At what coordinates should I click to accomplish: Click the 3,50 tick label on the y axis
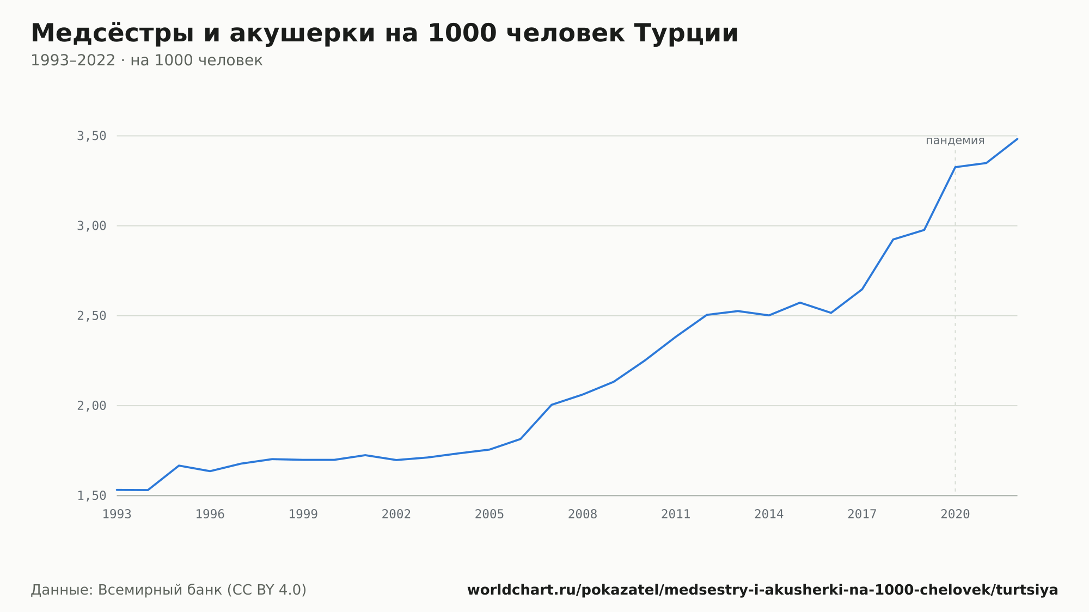point(91,136)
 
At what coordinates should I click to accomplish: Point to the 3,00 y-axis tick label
point(91,226)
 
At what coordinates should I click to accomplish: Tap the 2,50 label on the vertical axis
point(91,316)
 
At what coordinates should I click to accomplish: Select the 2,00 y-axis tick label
point(91,406)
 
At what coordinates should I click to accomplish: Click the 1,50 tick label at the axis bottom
point(91,495)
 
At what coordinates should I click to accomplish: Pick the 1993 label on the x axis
point(117,515)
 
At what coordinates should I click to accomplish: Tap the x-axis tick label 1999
point(303,515)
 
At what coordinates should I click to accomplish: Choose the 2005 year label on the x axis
point(490,515)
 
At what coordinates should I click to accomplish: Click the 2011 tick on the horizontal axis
point(676,515)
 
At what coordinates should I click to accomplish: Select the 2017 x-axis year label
point(862,515)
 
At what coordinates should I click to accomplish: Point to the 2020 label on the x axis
point(955,515)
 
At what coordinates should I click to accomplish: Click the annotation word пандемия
point(955,140)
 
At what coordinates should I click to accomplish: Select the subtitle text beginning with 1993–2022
point(146,60)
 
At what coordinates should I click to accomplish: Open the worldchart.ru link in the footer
point(762,590)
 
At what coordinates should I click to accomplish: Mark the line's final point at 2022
point(1017,139)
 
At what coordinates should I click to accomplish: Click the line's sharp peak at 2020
point(955,167)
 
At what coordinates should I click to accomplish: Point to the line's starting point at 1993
point(117,490)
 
